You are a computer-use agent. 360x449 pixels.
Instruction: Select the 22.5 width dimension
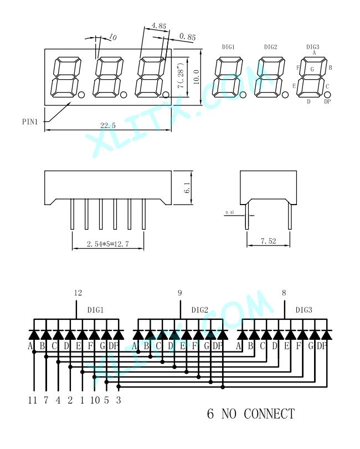[108, 126]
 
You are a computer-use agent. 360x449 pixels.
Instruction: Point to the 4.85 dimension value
[158, 26]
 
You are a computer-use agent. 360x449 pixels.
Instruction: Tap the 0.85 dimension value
[188, 37]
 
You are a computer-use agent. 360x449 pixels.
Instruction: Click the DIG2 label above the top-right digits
[270, 47]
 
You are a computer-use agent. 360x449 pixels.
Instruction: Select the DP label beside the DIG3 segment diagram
[327, 101]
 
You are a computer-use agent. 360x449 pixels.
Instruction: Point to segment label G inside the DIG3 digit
[312, 69]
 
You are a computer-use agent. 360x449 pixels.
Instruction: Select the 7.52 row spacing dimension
[269, 241]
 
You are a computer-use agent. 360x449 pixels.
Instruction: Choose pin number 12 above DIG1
[78, 293]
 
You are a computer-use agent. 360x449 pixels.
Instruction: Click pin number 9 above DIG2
[179, 293]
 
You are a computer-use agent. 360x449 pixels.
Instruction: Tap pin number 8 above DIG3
[284, 293]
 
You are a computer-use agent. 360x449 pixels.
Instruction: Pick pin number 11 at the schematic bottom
[33, 399]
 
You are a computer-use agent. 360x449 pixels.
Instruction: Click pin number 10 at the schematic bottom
[94, 399]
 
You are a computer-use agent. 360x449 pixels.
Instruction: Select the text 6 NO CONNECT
[250, 414]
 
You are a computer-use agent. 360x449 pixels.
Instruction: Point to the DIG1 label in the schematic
[95, 310]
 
